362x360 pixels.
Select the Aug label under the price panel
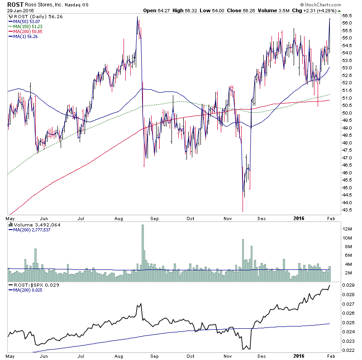(119, 218)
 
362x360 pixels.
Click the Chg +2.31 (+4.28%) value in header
(313, 10)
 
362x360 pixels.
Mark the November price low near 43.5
(243, 211)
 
